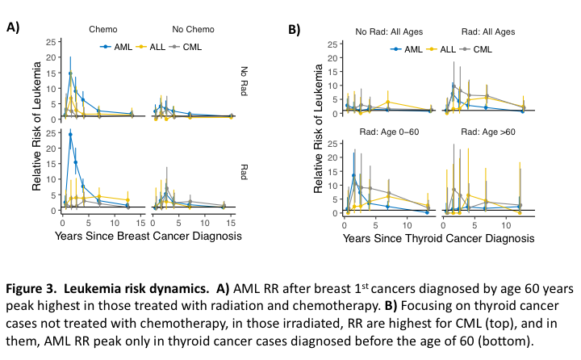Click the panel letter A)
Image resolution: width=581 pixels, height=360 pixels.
coord(13,27)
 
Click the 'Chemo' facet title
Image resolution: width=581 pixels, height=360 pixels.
coord(103,30)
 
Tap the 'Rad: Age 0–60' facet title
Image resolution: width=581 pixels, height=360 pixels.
coord(390,131)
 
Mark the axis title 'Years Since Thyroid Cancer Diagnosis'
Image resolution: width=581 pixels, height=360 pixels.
coord(438,239)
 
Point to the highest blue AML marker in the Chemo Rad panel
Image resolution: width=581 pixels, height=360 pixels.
coord(70,135)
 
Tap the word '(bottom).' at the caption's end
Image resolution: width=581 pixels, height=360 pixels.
coord(533,341)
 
